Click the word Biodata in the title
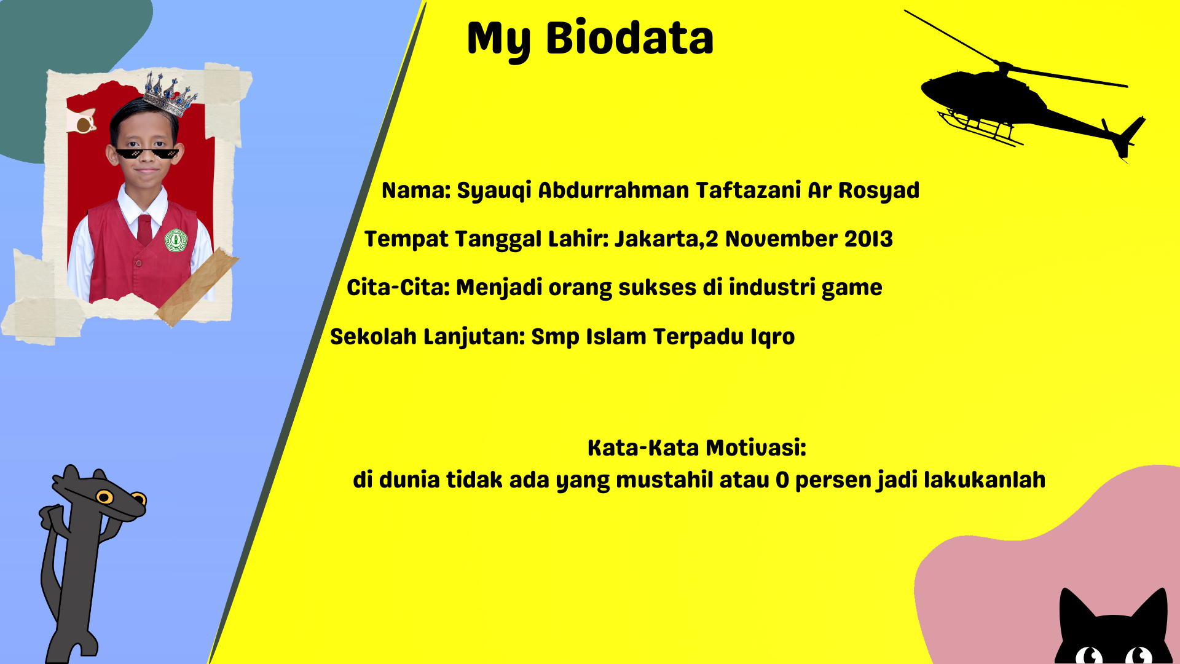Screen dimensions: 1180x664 pos(629,38)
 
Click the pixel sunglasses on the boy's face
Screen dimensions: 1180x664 pos(147,153)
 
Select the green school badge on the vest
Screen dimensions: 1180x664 pos(176,240)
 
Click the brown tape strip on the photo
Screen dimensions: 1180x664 pos(197,287)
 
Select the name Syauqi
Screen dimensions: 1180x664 pos(494,191)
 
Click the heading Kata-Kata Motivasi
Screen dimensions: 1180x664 pos(697,448)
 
